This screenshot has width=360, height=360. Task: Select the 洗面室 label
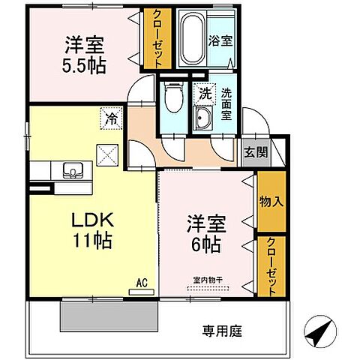click(226, 105)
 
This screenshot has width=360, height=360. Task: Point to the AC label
click(140, 283)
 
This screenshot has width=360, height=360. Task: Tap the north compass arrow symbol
click(318, 330)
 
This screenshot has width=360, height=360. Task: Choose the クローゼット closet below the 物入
click(271, 266)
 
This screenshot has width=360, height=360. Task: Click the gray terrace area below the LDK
click(109, 316)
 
